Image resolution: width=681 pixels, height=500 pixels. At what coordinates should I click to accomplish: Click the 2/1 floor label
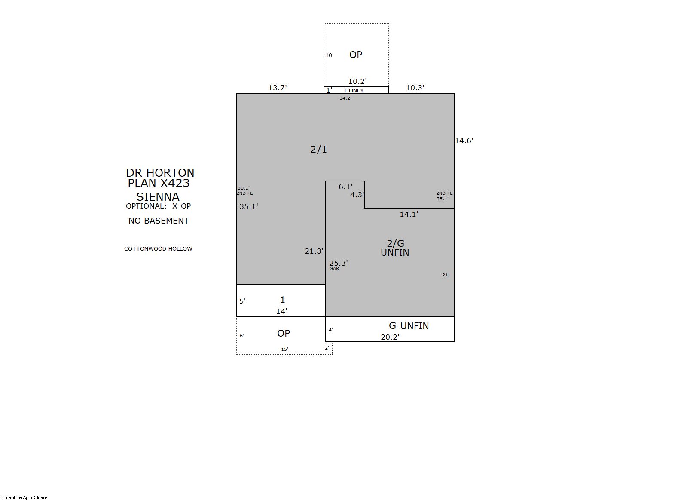pos(318,149)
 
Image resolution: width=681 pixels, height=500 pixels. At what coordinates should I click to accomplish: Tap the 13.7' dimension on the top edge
pos(278,88)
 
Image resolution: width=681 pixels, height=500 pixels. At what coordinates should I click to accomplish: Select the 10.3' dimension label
pos(415,88)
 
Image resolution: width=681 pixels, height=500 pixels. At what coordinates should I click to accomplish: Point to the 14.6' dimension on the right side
pos(464,141)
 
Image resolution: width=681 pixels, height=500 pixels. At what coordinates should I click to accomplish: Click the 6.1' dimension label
pos(345,187)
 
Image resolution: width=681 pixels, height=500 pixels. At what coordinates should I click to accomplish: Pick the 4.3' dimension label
pos(357,195)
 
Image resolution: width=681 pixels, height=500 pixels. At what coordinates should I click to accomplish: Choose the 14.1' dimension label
pos(409,214)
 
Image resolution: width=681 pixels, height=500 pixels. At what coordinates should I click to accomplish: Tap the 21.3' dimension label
pos(314,251)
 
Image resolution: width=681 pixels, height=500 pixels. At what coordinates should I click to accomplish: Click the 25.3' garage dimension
pos(339,263)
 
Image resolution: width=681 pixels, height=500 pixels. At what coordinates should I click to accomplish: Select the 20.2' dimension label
pos(390,337)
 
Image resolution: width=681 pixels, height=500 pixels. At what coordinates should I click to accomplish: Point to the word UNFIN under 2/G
pos(395,252)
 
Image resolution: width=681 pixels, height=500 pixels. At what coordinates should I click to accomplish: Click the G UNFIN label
pos(409,326)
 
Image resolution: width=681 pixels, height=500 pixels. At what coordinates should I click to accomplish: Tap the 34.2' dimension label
pos(345,98)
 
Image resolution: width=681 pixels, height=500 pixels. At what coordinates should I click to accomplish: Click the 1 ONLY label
pos(354,91)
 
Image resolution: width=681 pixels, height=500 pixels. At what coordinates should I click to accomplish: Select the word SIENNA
pos(158,197)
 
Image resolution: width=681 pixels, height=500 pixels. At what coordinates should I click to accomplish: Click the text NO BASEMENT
pos(159,221)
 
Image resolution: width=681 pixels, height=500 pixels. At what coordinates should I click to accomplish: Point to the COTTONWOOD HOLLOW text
pos(158,249)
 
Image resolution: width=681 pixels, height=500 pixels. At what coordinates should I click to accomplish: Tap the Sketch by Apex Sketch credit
pos(25,497)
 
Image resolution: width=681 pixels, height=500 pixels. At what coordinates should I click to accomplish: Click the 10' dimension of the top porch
pos(329,55)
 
